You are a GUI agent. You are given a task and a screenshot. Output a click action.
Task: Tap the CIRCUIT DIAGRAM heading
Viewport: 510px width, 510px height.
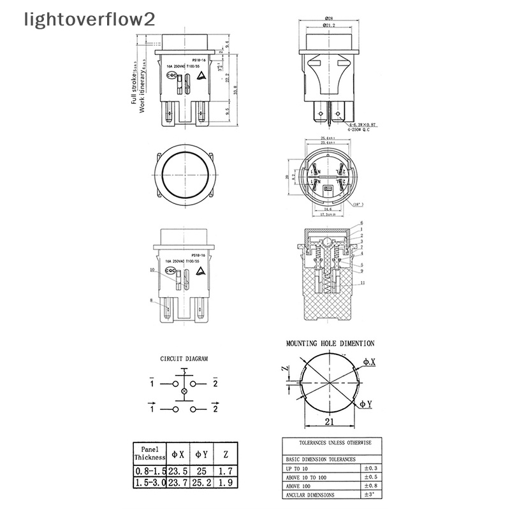[x=184, y=359]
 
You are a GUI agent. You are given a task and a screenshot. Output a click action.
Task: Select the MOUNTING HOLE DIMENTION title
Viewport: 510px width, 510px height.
[x=330, y=343]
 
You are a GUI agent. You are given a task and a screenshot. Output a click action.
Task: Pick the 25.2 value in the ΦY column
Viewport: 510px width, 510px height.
[x=201, y=483]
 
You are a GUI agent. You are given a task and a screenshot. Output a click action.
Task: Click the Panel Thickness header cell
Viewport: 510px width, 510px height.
[x=150, y=453]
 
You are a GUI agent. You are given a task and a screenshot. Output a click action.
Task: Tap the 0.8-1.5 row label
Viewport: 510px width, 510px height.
[x=150, y=471]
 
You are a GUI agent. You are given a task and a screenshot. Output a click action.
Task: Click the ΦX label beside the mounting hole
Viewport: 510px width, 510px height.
[x=369, y=362]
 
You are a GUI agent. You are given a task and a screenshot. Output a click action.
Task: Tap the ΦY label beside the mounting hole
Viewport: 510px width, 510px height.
[x=366, y=404]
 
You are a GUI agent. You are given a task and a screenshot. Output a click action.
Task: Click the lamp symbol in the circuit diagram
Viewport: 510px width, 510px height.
[x=185, y=390]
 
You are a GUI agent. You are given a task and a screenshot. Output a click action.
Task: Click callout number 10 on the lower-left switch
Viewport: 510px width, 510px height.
[x=152, y=270]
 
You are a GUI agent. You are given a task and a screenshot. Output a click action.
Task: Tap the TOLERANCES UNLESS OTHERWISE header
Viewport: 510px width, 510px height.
[x=331, y=442]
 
